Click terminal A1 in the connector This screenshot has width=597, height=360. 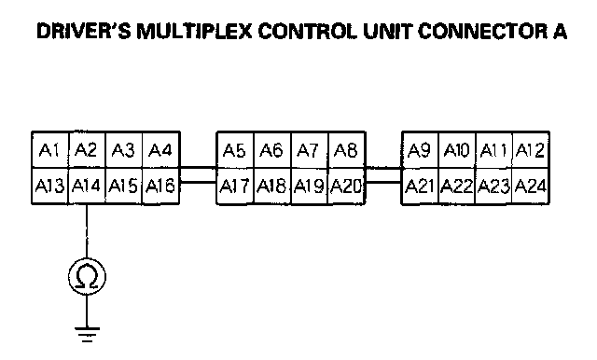click(50, 150)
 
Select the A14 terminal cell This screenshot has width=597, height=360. click(87, 187)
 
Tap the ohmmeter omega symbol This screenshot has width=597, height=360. click(87, 277)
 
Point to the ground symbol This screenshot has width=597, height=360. click(87, 334)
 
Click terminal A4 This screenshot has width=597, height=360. click(160, 150)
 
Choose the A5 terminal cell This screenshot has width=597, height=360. click(235, 150)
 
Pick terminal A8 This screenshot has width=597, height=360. click(346, 150)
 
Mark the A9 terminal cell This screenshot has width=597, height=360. click(420, 150)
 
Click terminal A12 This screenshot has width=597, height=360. click(531, 150)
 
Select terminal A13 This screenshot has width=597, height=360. click(50, 187)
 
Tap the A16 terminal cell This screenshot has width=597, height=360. click(160, 187)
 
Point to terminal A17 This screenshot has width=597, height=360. click(235, 187)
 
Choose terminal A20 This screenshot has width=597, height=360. click(346, 187)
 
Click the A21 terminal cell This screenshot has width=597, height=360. click(420, 187)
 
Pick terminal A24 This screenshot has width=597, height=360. click(531, 187)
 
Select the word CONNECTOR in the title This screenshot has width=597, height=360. click(482, 31)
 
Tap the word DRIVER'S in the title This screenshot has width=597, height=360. click(84, 31)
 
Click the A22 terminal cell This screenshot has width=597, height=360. click(457, 187)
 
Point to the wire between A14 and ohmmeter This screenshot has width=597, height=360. click(87, 231)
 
